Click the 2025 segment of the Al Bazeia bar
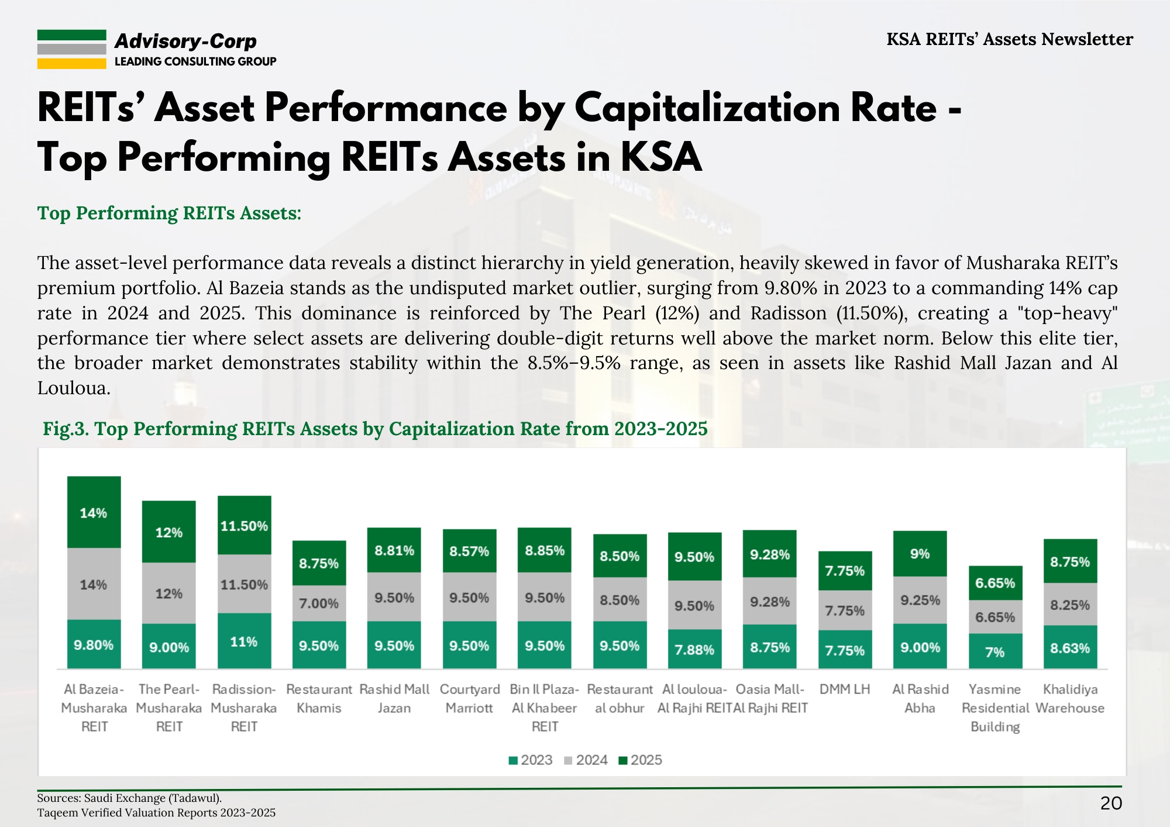click(x=94, y=512)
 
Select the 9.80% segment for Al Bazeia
click(x=94, y=645)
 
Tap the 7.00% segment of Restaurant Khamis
click(x=319, y=603)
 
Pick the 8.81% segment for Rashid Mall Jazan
click(x=394, y=550)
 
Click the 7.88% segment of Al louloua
click(x=694, y=649)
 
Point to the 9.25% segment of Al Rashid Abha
click(x=920, y=600)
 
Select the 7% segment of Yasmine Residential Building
click(x=995, y=652)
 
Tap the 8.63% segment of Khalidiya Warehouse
click(x=1070, y=647)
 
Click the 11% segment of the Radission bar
click(x=244, y=641)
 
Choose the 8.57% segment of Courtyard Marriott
click(x=469, y=551)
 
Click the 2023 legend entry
click(x=531, y=760)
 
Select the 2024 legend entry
click(x=586, y=760)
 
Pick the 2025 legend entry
click(x=641, y=760)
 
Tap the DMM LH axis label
click(x=845, y=689)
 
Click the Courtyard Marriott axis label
click(x=469, y=698)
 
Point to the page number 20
click(x=1111, y=803)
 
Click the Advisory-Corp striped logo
click(x=71, y=49)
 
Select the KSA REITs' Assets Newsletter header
click(x=1009, y=39)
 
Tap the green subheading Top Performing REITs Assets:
click(x=169, y=213)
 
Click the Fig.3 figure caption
click(x=375, y=429)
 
